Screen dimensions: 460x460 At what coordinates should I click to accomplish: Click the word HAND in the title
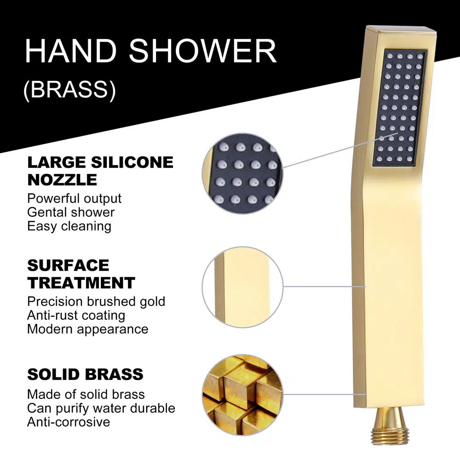coord(71,51)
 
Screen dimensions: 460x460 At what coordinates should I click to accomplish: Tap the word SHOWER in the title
coord(203,51)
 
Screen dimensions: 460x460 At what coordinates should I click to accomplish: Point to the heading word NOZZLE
coord(62,180)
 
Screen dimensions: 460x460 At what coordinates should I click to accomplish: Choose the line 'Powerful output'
coord(74,199)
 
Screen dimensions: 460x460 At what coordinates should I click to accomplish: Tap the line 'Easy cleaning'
coord(69,226)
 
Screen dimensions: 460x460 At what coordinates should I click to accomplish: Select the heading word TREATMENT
coord(81,283)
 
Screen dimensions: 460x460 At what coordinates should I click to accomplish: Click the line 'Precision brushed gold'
coord(96,302)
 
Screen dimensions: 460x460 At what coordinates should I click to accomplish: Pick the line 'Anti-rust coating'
coord(76,316)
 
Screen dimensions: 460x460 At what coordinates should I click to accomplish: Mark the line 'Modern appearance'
coord(88,329)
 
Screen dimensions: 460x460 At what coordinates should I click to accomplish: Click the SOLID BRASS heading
coord(86,374)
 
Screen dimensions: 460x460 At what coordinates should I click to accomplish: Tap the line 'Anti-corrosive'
coord(69,422)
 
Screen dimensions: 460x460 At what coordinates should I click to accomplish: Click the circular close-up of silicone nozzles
coord(242,173)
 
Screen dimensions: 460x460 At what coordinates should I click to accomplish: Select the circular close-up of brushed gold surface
coord(242,287)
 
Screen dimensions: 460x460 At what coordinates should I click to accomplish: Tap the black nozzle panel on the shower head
coord(399,108)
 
